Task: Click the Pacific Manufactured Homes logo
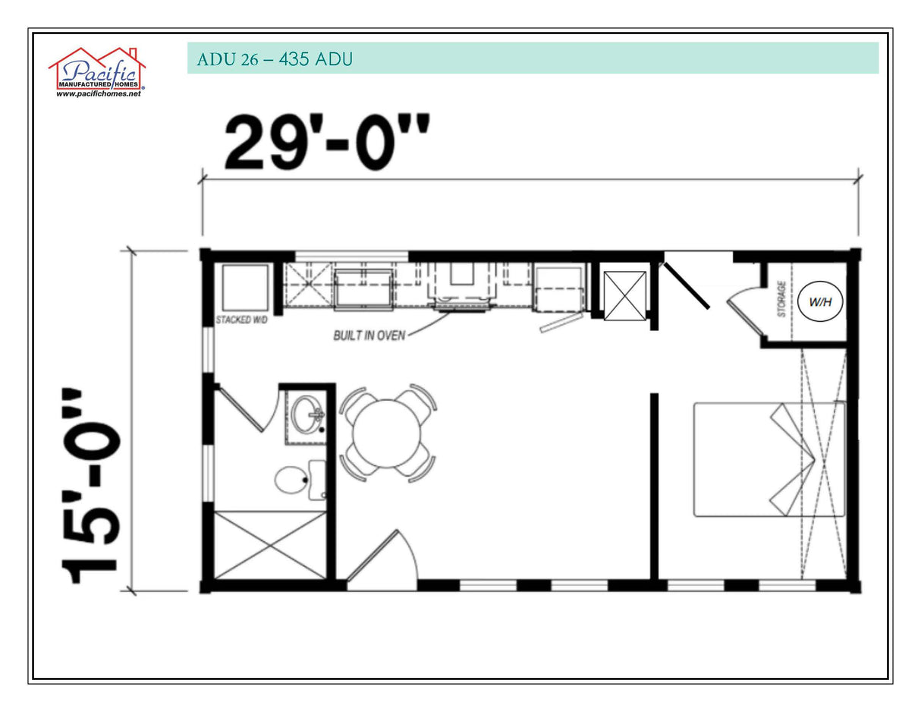coord(96,71)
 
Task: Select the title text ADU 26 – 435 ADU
coord(274,59)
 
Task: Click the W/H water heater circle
coord(819,302)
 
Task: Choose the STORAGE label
coord(781,299)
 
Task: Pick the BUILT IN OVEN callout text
coord(369,335)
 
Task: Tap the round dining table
coord(387,433)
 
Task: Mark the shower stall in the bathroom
coord(269,545)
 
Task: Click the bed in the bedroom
coord(769,459)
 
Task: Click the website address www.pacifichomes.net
coord(99,94)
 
